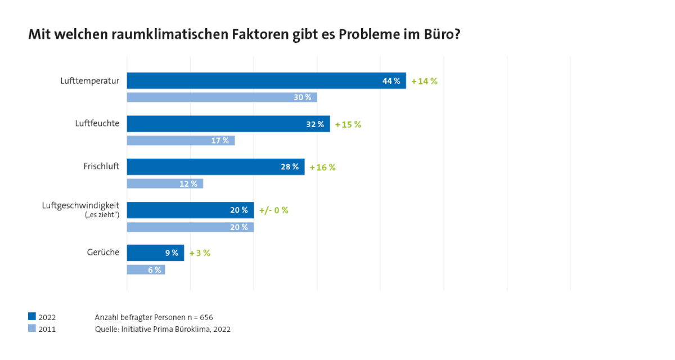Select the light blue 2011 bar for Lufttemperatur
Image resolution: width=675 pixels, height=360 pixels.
tap(222, 97)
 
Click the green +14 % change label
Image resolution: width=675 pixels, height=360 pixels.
tap(424, 81)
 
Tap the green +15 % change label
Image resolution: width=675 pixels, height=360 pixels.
tap(348, 124)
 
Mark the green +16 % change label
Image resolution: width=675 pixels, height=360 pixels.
tap(322, 168)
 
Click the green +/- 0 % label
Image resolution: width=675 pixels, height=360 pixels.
tap(273, 210)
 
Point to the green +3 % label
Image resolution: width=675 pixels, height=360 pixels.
tap(200, 253)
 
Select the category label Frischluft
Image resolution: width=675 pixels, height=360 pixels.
tap(101, 166)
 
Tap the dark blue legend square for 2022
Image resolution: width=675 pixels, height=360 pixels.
tap(32, 317)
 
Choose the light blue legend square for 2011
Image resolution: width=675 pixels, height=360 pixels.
tap(32, 329)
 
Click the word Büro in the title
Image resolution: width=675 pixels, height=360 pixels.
tap(433, 35)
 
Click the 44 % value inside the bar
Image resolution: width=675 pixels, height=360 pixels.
tap(391, 81)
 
